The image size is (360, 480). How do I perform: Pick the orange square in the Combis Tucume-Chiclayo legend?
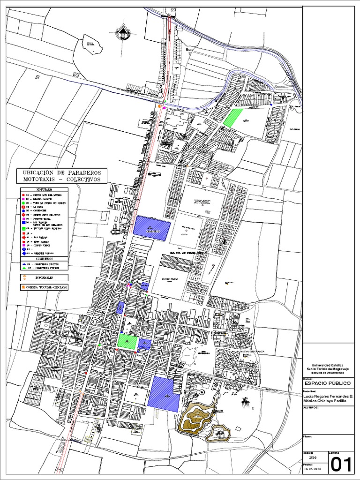coord(22,287)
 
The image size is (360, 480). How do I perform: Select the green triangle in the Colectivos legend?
coord(22,269)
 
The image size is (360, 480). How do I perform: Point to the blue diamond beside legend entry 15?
coord(22,253)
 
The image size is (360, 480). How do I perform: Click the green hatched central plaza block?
coord(127,341)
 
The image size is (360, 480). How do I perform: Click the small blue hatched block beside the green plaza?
coord(144,345)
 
